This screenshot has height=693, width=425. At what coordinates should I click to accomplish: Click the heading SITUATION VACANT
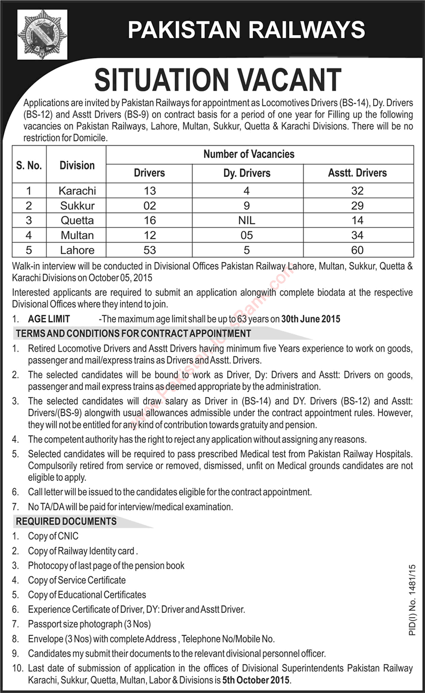(218, 80)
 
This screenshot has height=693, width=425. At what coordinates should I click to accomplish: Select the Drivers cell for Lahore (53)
(149, 250)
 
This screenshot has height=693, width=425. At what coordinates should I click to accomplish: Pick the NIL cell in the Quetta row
(247, 220)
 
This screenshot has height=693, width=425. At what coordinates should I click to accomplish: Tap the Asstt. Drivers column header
(358, 173)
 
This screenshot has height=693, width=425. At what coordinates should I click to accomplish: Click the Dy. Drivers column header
(247, 173)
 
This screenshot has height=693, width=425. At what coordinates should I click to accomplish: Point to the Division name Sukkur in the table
(77, 206)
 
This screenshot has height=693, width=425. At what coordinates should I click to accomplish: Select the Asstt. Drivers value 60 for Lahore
(358, 250)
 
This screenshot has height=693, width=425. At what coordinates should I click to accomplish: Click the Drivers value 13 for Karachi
(149, 191)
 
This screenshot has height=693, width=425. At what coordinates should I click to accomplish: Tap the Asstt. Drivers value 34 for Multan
(358, 235)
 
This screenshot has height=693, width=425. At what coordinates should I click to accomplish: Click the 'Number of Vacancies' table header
(249, 154)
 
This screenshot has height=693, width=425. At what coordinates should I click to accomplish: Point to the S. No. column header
(29, 165)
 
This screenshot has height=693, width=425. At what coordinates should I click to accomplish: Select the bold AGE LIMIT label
(49, 319)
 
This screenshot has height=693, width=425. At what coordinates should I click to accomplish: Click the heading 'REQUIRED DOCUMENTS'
(66, 521)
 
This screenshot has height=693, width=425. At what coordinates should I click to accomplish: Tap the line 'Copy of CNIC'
(53, 536)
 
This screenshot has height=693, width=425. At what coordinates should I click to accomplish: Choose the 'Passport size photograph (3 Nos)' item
(89, 624)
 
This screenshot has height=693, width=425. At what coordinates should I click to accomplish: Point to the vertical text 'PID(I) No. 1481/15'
(411, 597)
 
